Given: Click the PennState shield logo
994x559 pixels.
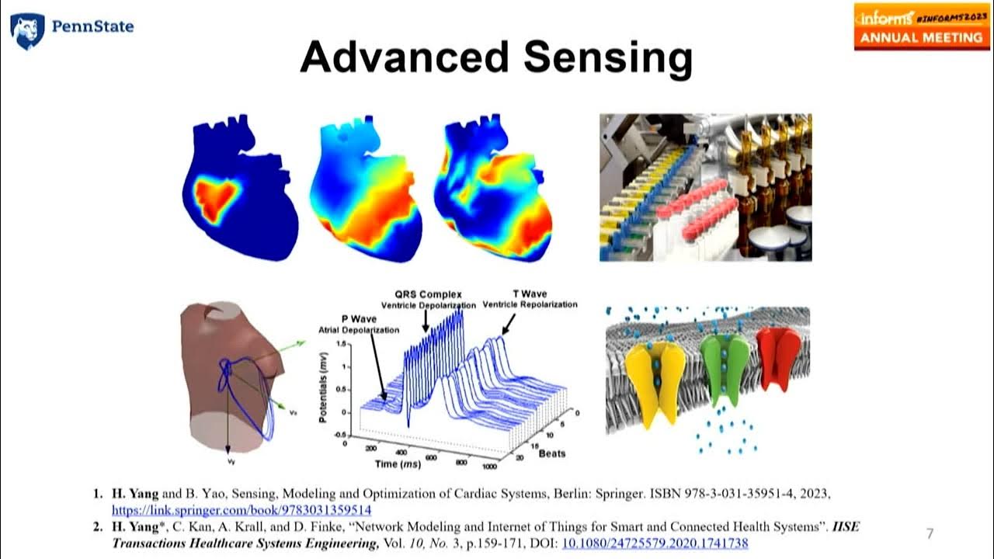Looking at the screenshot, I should [26, 31].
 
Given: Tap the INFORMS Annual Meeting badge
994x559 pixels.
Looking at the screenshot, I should [922, 26].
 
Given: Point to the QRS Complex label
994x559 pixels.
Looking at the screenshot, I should [426, 295].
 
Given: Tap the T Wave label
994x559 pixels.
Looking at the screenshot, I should [530, 293].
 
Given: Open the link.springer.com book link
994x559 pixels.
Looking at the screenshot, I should [242, 510].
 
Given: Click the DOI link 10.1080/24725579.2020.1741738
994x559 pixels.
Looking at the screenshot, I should [655, 543].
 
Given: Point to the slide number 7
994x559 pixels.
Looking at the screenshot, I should [930, 533].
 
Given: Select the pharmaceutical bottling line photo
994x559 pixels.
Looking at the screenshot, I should [705, 187].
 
